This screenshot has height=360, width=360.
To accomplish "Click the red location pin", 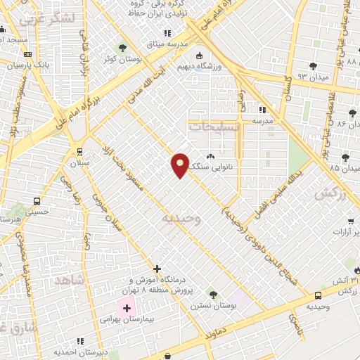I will pyautogui.click(x=181, y=165).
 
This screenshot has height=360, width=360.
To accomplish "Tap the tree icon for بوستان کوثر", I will pyautogui.click(x=124, y=47).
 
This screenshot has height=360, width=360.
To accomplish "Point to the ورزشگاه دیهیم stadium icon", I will pyautogui.click(x=199, y=56).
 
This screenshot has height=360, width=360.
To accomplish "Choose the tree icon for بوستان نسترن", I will pyautogui.click(x=212, y=293).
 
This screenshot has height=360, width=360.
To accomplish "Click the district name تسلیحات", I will pyautogui.click(x=214, y=127).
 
